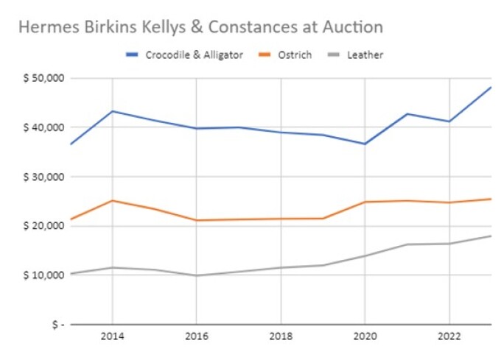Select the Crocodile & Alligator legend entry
point(193,54)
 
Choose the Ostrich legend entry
point(295,54)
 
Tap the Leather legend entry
point(365,54)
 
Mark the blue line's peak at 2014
point(112,111)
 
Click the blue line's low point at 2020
point(365,144)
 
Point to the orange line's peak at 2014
point(112,200)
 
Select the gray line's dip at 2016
point(196,275)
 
